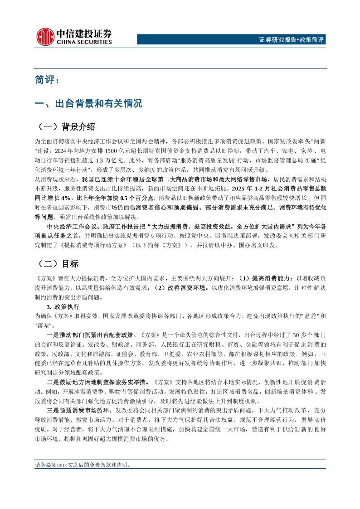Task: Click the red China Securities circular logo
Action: (x=44, y=36)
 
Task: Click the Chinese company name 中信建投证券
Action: (x=83, y=33)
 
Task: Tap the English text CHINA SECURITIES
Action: (x=83, y=42)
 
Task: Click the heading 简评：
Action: (x=46, y=80)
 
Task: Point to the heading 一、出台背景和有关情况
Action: (x=88, y=103)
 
